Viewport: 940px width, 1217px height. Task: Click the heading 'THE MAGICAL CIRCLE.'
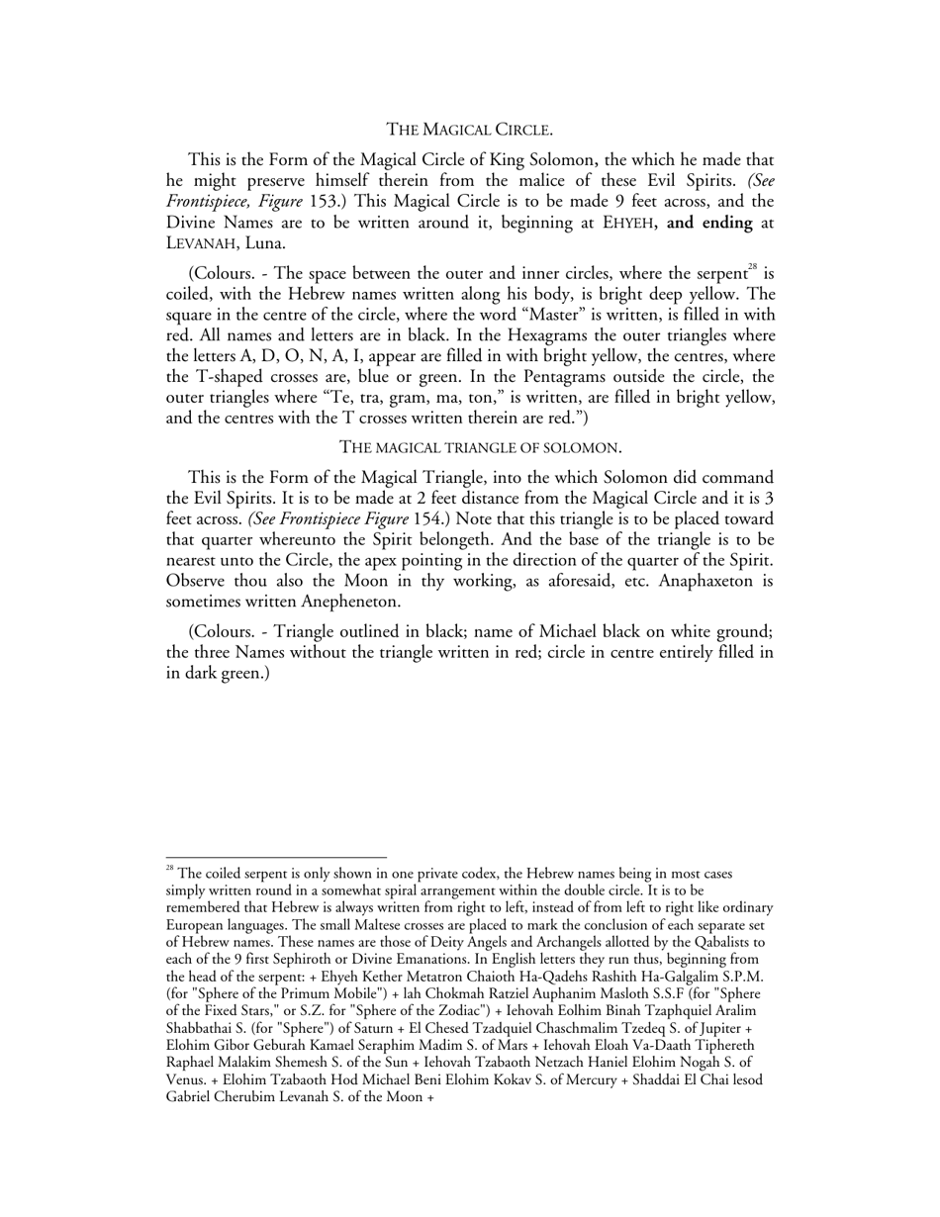point(469,130)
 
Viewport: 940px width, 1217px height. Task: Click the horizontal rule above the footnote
point(276,858)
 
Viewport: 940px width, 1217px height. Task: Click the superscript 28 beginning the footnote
point(170,870)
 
